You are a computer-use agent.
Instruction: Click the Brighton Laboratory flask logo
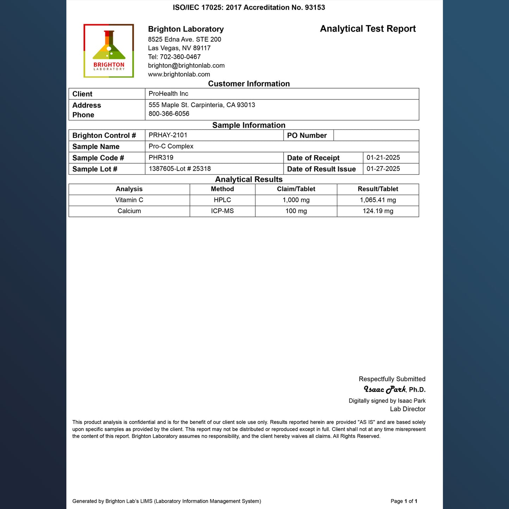coord(108,51)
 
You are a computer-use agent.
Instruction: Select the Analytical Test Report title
coord(368,29)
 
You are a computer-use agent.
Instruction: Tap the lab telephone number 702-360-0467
coord(180,57)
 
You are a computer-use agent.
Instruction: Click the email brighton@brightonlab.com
coord(186,66)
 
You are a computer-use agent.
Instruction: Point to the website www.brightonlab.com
coord(179,74)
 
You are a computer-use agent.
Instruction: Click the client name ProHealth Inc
coord(168,94)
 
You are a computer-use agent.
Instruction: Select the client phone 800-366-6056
coord(169,114)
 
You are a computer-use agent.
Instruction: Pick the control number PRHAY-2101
coord(168,135)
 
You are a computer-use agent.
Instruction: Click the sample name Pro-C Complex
coord(171,146)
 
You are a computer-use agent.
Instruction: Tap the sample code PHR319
coord(161,157)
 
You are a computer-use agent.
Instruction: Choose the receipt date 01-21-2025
coord(383,157)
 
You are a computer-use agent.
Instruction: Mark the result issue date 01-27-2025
coord(383,169)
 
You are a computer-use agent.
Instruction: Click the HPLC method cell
coord(222,200)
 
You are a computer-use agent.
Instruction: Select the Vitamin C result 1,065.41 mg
coord(378,200)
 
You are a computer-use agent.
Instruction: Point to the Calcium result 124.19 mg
coord(378,211)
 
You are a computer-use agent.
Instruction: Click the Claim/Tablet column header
coord(296,189)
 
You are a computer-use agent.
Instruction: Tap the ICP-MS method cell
coord(222,211)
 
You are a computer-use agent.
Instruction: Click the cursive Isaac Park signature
coord(385,389)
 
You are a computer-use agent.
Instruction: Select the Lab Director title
coord(408,409)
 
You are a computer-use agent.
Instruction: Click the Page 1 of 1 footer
coord(404,501)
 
